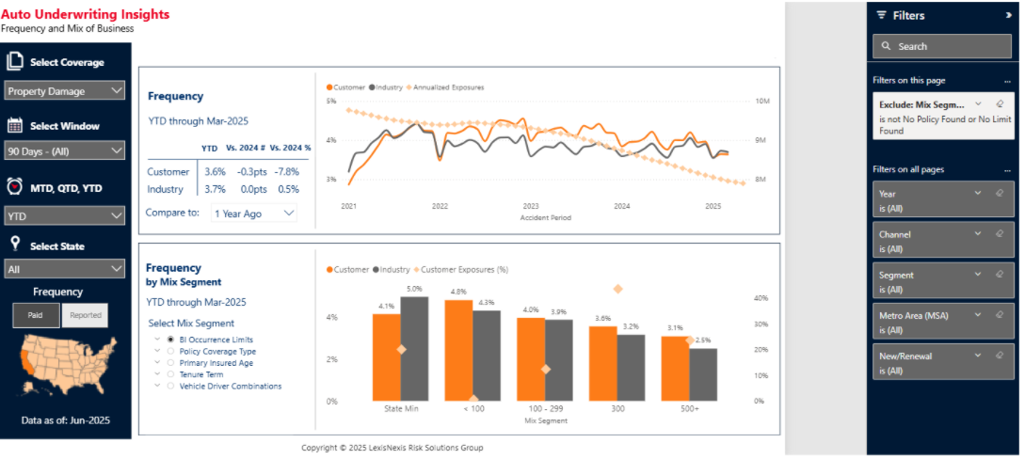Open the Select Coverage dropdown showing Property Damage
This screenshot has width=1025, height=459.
point(65,91)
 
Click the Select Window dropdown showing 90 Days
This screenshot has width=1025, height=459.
point(65,150)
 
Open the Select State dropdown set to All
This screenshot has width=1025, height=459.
point(65,269)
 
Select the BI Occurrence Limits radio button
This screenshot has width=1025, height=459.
point(170,340)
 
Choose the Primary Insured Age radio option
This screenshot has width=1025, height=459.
point(170,362)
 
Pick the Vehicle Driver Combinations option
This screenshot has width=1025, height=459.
point(170,386)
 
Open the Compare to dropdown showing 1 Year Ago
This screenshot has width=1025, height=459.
point(254,214)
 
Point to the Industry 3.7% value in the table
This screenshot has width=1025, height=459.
point(215,189)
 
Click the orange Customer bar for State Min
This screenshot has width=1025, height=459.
point(386,357)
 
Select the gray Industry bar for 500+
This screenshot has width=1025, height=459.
point(703,374)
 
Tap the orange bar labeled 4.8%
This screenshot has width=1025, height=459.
point(458,350)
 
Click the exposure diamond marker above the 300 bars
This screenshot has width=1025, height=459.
point(617,290)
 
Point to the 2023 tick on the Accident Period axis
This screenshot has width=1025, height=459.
point(531,206)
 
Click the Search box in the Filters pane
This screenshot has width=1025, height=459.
point(942,46)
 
